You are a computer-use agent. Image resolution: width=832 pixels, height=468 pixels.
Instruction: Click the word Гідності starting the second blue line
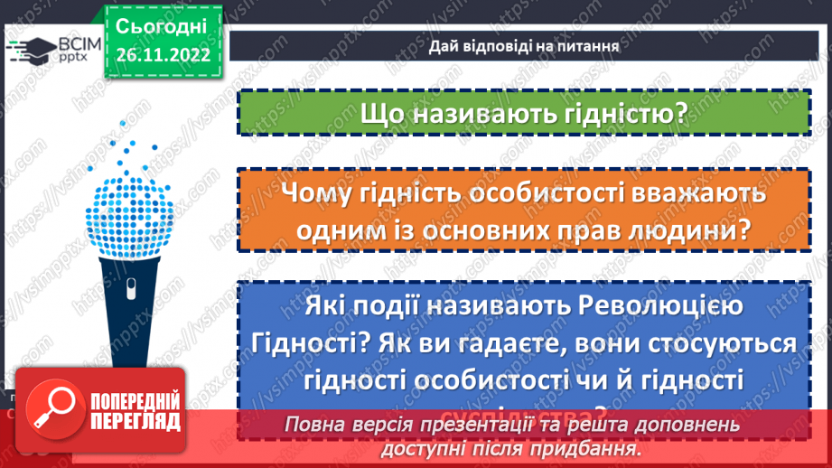click(x=304, y=344)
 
